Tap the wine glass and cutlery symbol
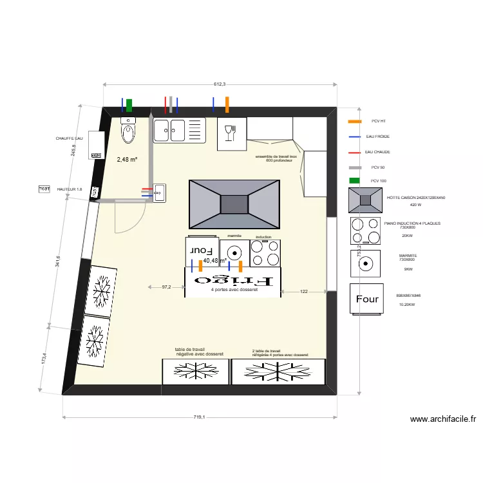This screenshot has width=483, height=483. [230, 133]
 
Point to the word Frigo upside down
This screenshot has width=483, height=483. [234, 281]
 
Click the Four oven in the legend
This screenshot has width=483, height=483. [367, 299]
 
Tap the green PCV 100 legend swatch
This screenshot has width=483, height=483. [354, 181]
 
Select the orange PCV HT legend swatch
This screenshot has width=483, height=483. [354, 121]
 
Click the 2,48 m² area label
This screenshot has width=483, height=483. [127, 159]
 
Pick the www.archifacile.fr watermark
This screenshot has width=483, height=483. [443, 419]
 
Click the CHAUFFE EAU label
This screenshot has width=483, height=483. [70, 138]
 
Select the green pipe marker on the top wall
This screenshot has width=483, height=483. [129, 104]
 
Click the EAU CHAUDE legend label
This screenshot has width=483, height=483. [377, 152]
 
